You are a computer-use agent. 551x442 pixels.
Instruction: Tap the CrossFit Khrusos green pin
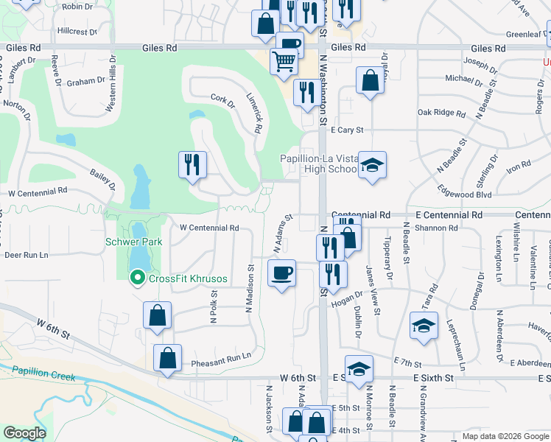(136, 278)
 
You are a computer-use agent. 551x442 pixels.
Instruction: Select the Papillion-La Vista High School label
(318, 164)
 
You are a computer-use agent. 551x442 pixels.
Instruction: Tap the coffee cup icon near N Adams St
(281, 273)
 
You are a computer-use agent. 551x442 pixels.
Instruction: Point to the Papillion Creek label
(43, 375)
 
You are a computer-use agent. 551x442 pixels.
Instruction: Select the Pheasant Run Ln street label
(221, 355)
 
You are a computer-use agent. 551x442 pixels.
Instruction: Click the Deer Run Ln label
(26, 255)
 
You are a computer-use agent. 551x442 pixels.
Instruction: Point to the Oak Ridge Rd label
(441, 113)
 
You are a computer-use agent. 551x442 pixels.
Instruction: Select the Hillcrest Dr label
(77, 32)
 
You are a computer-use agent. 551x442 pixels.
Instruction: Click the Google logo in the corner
(24, 433)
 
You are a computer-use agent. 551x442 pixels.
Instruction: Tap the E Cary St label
(347, 130)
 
